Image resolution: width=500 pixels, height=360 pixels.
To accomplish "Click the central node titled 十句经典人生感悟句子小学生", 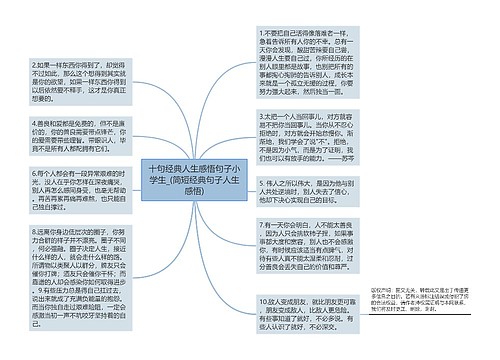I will point(194,181).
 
